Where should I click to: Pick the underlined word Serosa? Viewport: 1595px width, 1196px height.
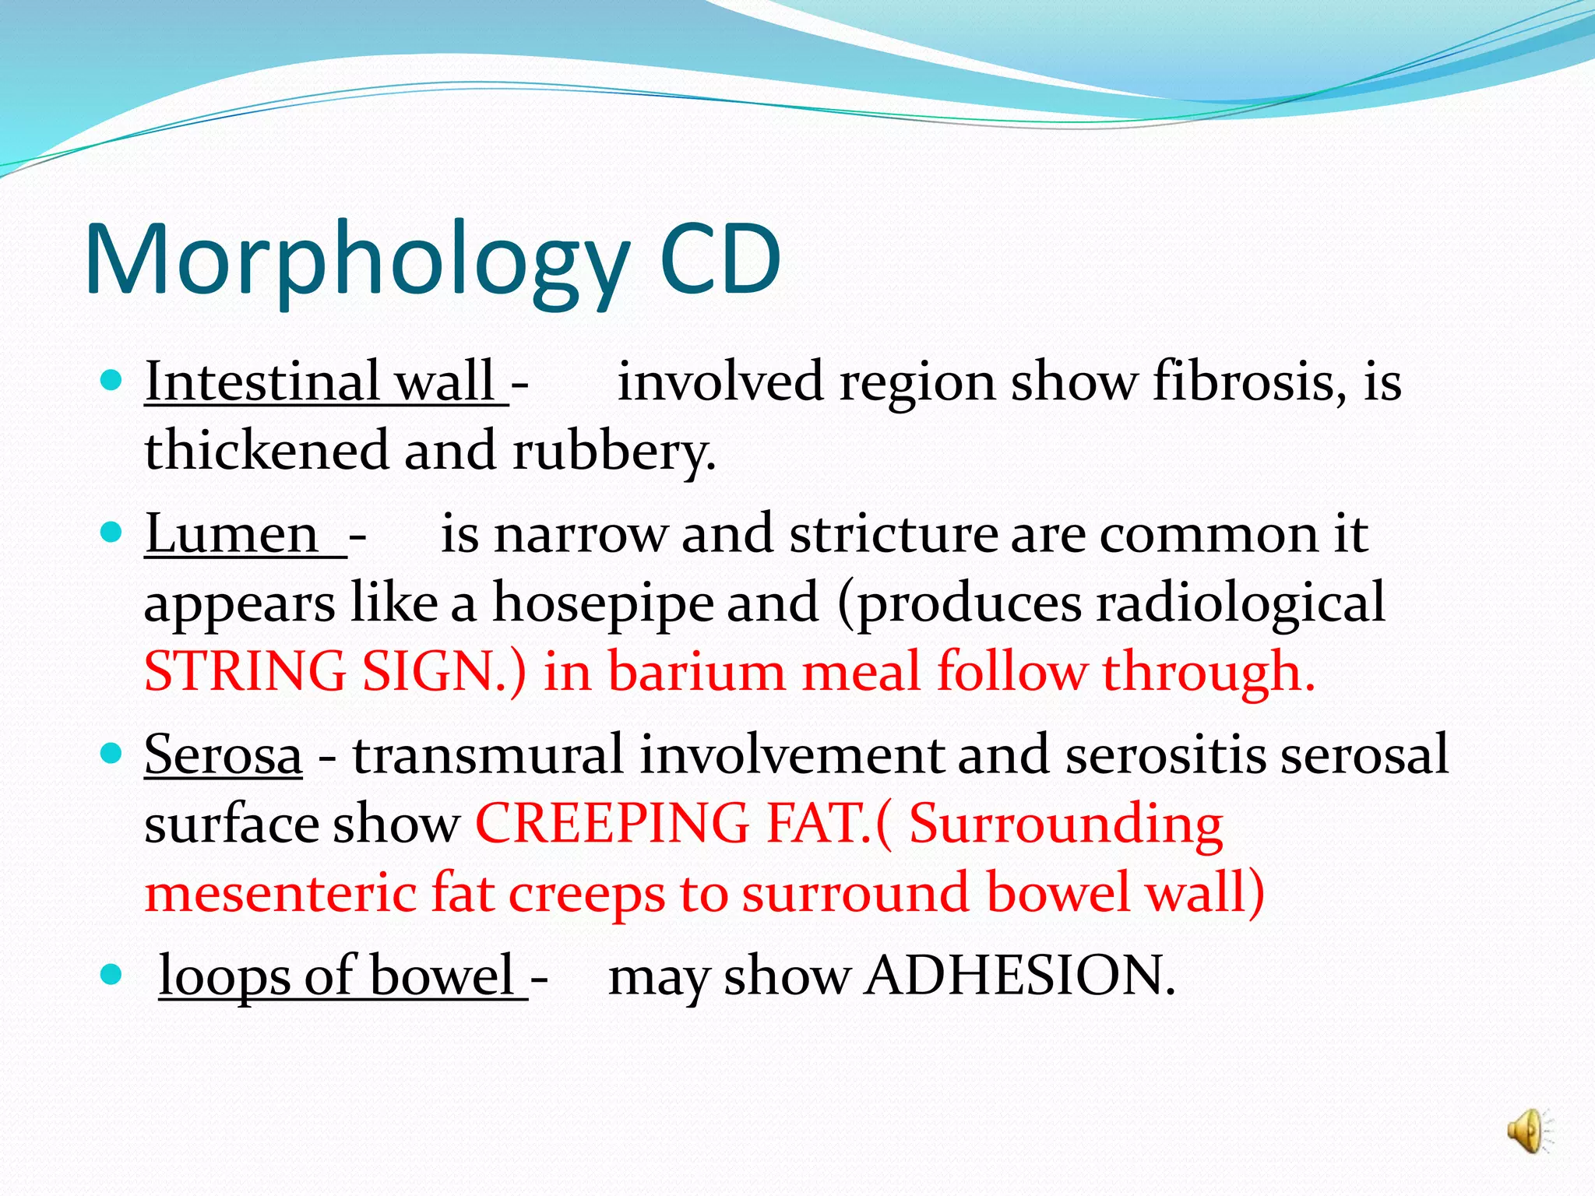click(x=224, y=755)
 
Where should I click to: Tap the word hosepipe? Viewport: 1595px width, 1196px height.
click(x=603, y=603)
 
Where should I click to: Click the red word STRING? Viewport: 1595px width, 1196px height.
click(x=245, y=671)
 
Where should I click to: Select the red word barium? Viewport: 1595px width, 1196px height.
click(x=696, y=671)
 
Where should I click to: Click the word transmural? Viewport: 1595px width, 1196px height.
click(x=488, y=755)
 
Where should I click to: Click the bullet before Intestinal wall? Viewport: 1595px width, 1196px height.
click(x=112, y=381)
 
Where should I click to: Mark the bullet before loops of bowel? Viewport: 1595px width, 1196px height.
click(x=112, y=974)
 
